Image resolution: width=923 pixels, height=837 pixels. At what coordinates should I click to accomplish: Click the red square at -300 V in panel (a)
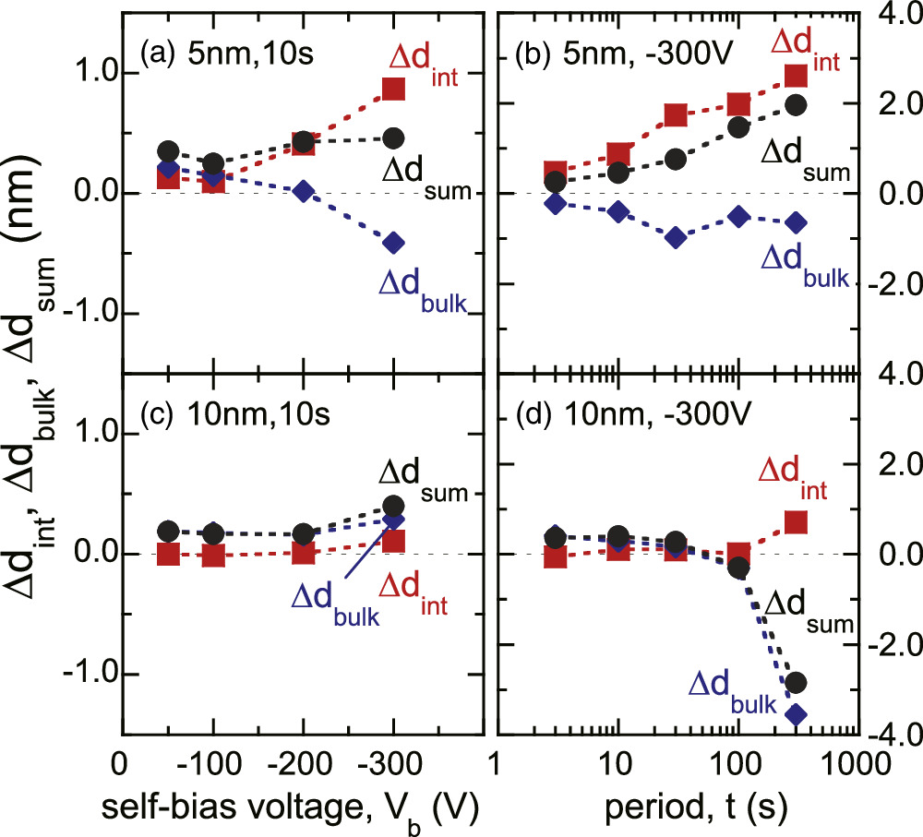point(393,88)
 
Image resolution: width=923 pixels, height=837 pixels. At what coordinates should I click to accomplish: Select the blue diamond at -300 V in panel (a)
point(393,243)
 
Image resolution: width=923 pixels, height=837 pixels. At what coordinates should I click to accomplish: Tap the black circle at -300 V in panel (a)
point(393,138)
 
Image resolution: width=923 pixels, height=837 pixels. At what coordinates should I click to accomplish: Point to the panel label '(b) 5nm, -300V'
point(613,49)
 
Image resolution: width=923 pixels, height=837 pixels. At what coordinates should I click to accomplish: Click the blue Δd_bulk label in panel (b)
point(802,261)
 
